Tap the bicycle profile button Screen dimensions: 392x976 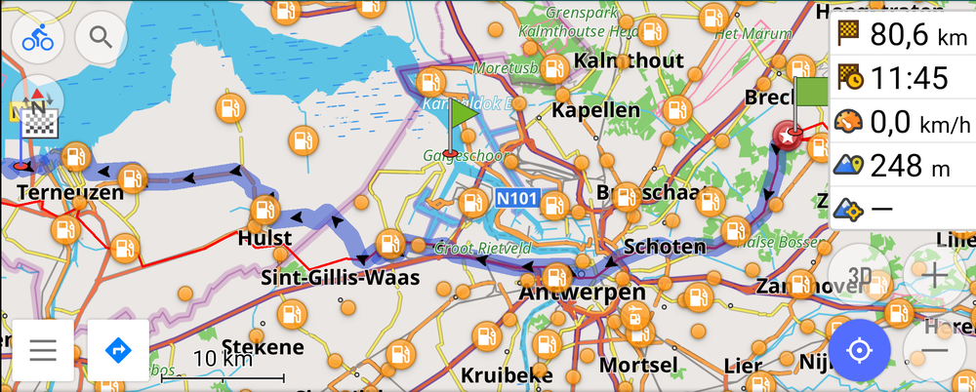pos(38,37)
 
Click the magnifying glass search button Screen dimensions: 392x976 pos(102,37)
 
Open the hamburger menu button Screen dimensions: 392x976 pos(42,349)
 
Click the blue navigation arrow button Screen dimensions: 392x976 pos(118,349)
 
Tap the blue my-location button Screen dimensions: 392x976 pos(860,349)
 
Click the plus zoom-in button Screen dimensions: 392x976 pos(935,275)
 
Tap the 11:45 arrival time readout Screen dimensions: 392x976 pos(903,77)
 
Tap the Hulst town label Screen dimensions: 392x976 pos(264,238)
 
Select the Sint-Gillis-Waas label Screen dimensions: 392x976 pos(341,278)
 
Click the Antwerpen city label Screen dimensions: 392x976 pos(583,293)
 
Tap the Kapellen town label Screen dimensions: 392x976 pos(595,110)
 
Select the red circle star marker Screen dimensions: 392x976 pos(787,137)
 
